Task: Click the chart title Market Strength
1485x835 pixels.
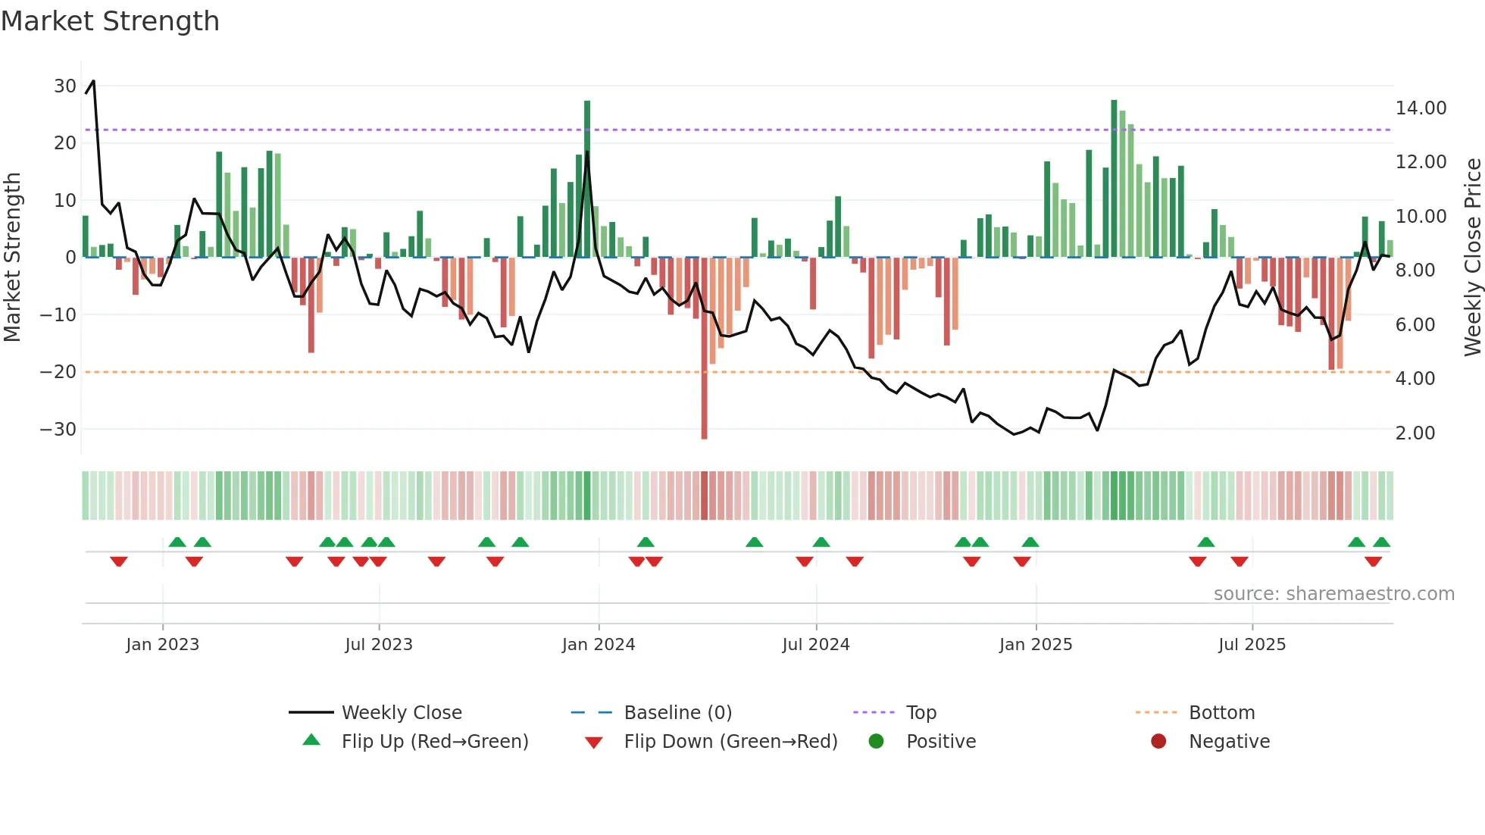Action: (111, 21)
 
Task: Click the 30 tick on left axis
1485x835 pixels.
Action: (65, 86)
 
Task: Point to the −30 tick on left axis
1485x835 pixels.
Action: (58, 430)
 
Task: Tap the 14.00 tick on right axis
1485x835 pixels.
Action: (1421, 108)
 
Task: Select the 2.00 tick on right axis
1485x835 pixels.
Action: (1415, 433)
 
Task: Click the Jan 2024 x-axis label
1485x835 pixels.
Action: (598, 645)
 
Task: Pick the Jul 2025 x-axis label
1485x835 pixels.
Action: (1252, 645)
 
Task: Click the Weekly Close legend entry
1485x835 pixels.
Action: (401, 713)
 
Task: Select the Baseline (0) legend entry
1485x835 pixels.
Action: (677, 713)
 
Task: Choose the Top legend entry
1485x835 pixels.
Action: (921, 713)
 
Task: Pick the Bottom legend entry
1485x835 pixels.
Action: (1221, 713)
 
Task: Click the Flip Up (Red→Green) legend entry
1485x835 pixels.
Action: (434, 742)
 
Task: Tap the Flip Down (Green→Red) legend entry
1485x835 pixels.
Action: (730, 742)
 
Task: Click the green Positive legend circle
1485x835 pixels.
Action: (877, 742)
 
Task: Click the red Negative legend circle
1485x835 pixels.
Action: (1158, 742)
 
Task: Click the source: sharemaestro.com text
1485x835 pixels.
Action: (1333, 594)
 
